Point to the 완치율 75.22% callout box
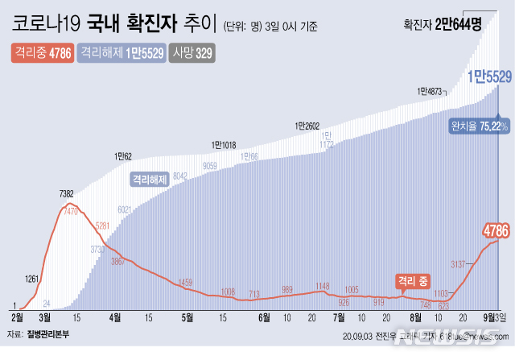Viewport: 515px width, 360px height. (479, 126)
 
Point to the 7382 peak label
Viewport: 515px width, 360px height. (68, 194)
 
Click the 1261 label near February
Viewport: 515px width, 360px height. (32, 279)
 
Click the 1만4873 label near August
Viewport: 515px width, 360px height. (431, 91)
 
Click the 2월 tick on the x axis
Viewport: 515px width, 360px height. (18, 318)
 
